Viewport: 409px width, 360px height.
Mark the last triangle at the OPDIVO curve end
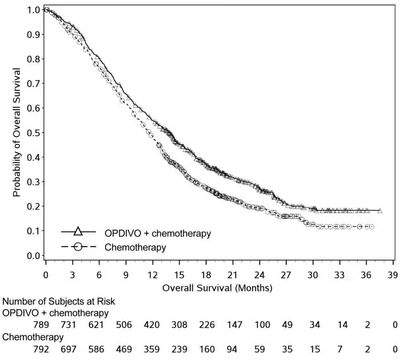pyautogui.click(x=379, y=211)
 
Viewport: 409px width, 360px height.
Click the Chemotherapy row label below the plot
pyautogui.click(x=29, y=337)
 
